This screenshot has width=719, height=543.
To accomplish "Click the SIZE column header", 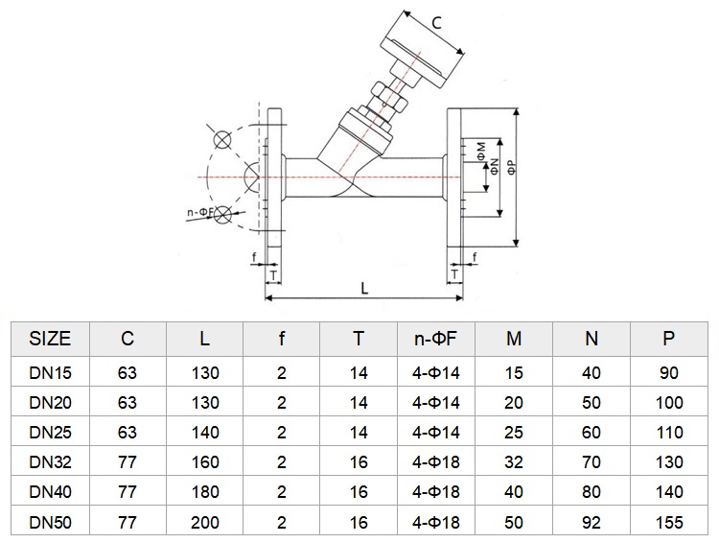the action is (x=50, y=339).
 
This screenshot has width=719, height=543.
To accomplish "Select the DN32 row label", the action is (x=50, y=462).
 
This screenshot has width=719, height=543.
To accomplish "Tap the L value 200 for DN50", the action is (x=204, y=522).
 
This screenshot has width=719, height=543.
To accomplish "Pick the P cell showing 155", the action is (x=669, y=522).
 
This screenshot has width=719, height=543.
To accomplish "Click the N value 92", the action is (x=591, y=522).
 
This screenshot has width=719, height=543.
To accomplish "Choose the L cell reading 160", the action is (x=204, y=462).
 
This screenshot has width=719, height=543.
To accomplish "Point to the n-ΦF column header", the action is (x=435, y=339).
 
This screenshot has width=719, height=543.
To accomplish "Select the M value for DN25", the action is (x=514, y=433).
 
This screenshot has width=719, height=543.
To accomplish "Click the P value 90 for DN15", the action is (x=669, y=372).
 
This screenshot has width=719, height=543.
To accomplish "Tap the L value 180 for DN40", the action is (x=204, y=492).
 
